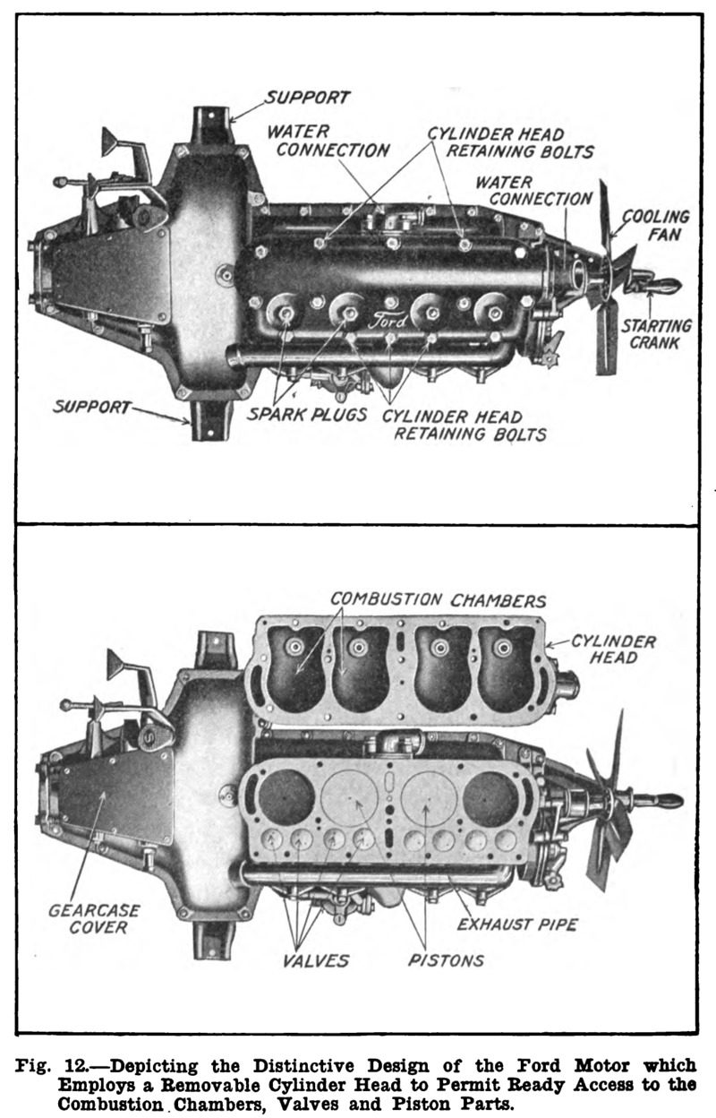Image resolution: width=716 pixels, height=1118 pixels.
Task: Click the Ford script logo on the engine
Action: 388,320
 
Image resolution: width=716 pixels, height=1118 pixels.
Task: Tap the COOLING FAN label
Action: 656,225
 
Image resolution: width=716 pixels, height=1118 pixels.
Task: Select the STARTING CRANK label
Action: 656,334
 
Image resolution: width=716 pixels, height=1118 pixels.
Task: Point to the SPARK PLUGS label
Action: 307,414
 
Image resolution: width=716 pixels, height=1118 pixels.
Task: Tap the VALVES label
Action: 316,960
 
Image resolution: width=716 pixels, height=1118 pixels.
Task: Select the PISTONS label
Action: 446,960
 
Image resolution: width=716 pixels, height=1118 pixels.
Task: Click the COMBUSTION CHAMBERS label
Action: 439,600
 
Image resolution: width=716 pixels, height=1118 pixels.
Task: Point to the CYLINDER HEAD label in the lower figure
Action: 613,649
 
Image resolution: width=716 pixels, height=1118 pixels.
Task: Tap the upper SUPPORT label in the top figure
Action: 307,98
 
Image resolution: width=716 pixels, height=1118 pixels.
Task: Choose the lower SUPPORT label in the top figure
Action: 91,407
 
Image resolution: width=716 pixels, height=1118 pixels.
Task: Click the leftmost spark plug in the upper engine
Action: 286,314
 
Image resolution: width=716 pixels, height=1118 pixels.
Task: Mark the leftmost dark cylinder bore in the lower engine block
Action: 286,797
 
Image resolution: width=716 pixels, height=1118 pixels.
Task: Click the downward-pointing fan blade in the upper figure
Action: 607,340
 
